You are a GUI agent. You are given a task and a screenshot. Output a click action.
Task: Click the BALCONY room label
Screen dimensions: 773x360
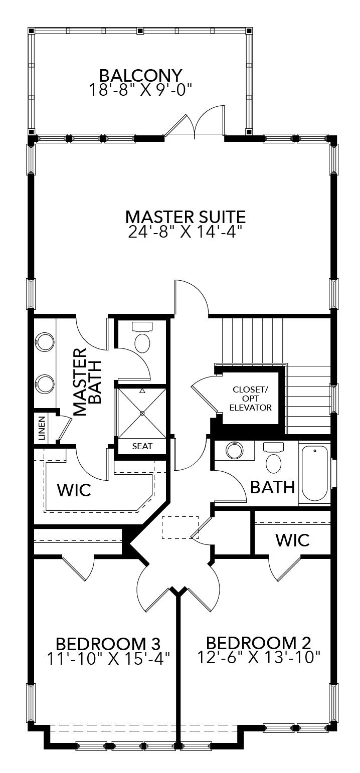coord(140,76)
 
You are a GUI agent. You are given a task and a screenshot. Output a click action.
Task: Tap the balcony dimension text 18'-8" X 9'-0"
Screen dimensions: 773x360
coord(140,90)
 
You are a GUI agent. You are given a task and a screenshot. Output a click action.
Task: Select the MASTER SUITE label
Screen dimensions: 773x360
coord(186,217)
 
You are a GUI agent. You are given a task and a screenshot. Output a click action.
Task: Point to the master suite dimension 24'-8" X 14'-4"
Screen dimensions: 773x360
coord(186,232)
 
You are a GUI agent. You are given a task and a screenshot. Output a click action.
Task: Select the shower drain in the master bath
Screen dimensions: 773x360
coord(142,413)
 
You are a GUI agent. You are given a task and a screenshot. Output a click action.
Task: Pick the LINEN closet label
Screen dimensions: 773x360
coord(41,428)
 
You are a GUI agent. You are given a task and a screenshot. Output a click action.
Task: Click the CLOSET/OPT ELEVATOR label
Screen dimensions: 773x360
coord(251,399)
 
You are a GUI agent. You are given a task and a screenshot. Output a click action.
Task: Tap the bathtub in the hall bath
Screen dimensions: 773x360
coord(314,473)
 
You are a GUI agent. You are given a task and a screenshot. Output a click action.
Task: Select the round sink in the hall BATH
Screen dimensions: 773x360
coord(234,450)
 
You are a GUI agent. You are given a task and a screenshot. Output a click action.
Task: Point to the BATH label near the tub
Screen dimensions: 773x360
coord(272,486)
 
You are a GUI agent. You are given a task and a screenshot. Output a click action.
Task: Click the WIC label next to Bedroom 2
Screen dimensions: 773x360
coord(292,540)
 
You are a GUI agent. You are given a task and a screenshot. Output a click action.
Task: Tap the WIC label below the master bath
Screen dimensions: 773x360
coord(74,490)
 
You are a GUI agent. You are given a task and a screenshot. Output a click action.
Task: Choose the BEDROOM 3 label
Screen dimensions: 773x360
coord(108,643)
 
